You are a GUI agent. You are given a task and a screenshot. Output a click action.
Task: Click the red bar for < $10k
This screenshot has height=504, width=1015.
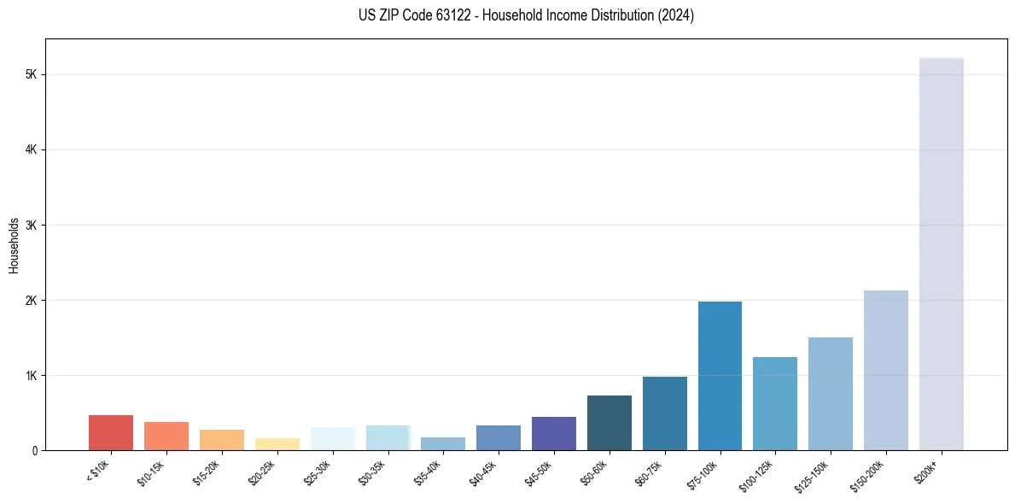coord(111,433)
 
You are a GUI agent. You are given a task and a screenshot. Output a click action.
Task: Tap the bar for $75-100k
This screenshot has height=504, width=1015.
coord(720,376)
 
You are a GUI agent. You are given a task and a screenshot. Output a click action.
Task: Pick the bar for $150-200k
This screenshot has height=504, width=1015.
coord(885,370)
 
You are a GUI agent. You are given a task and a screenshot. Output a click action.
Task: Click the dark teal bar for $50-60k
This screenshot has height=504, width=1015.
coord(610,423)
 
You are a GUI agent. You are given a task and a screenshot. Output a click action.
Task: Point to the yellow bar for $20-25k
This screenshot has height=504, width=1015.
coord(277,444)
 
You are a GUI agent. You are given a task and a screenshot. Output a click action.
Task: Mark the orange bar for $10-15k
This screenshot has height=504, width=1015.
coord(166,437)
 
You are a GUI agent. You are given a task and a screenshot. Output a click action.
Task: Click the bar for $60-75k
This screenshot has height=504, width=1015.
coord(664,413)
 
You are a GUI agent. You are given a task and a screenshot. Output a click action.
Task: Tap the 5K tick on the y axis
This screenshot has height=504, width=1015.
coord(32,75)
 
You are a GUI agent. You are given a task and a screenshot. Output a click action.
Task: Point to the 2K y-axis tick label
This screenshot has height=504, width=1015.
coord(32,301)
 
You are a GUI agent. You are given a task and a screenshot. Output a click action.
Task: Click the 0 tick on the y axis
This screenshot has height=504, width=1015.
coord(34,451)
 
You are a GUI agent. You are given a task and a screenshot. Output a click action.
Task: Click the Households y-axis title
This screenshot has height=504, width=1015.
coord(14,245)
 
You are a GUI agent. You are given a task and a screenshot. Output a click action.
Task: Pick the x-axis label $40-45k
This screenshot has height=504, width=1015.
coord(484,472)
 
